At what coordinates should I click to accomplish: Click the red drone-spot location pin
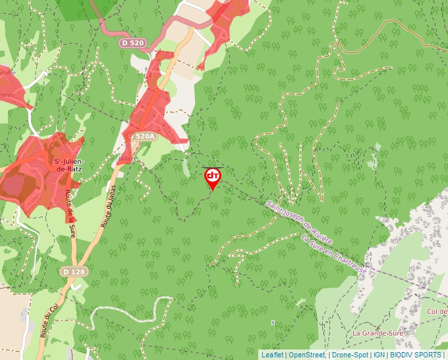click(x=213, y=177)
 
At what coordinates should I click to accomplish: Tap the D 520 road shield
click(x=132, y=43)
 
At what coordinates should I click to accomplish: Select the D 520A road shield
click(x=142, y=136)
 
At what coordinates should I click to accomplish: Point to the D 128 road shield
click(x=74, y=271)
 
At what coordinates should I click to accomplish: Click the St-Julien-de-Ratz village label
click(x=67, y=165)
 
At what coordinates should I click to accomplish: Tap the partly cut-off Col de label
click(x=436, y=311)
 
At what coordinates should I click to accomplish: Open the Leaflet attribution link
click(x=272, y=355)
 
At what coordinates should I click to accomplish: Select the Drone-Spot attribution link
click(x=350, y=355)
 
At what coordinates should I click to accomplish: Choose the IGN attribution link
click(x=379, y=355)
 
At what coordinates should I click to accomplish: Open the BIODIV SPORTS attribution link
click(x=415, y=355)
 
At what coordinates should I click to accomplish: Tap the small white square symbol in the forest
click(x=273, y=322)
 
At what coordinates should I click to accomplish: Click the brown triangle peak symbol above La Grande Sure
click(x=378, y=322)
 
